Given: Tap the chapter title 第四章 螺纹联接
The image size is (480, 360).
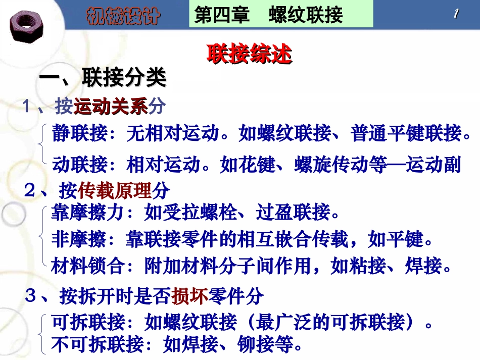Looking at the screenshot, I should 268,15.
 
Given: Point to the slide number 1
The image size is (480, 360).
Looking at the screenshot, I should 456,14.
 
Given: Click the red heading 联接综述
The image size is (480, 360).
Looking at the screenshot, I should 249,55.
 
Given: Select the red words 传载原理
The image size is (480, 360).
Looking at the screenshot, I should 115,190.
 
